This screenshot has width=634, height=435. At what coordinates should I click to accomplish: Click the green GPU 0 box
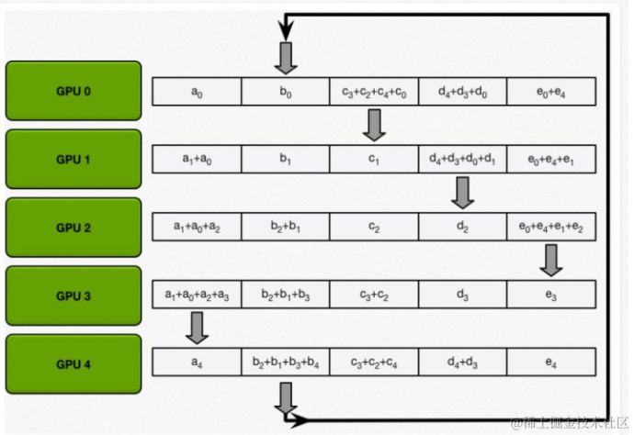[74, 92]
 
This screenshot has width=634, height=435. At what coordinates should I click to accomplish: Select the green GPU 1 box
[74, 159]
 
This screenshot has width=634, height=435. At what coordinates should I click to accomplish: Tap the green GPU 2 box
[74, 227]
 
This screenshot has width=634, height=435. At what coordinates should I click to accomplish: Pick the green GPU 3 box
[74, 296]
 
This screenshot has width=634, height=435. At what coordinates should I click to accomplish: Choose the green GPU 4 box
[74, 363]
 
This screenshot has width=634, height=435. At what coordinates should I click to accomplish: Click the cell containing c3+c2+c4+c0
[373, 92]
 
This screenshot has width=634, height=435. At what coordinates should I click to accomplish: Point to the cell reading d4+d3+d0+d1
[462, 159]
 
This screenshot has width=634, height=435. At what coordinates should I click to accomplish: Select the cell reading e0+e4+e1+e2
[551, 227]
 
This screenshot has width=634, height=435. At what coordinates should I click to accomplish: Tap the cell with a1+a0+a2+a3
[196, 296]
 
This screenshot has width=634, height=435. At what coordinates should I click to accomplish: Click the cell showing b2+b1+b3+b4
[285, 363]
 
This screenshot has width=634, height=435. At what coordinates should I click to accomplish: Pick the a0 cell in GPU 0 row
[196, 92]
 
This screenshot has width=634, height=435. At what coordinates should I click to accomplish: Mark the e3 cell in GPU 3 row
[551, 296]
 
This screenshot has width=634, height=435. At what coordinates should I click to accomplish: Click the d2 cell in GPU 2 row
[462, 227]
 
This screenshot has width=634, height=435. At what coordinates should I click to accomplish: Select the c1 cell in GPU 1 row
[373, 159]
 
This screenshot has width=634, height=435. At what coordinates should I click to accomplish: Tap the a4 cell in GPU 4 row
[196, 363]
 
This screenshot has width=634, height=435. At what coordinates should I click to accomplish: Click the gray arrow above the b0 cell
[285, 57]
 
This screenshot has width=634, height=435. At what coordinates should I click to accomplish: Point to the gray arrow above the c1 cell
[373, 125]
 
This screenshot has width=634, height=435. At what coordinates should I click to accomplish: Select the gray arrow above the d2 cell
[462, 193]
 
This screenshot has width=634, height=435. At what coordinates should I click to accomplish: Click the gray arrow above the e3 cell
[551, 261]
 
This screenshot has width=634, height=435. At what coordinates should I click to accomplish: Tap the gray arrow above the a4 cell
[196, 329]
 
